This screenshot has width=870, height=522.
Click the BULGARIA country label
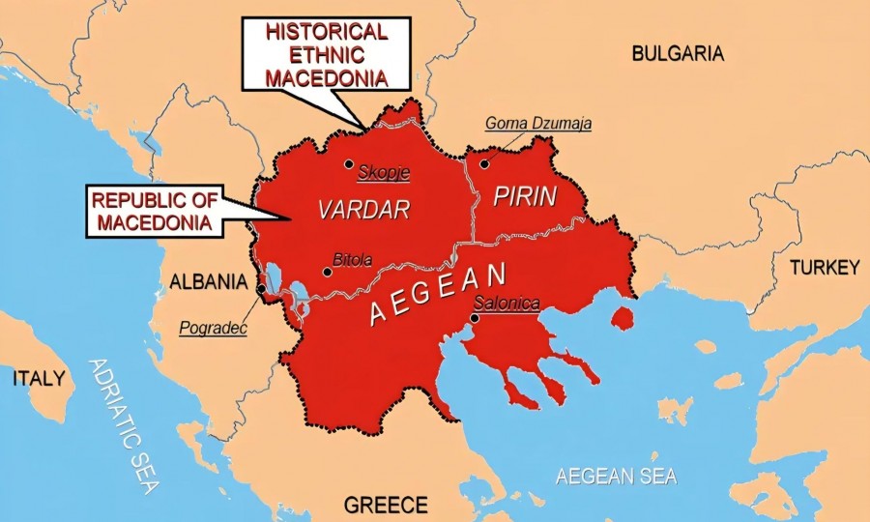pos(677,54)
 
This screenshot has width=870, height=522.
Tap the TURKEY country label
pos(824,268)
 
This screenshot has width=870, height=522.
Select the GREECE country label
pos(386,505)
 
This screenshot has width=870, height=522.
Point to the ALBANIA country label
pos(208,282)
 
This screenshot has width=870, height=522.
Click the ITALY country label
pos(38,377)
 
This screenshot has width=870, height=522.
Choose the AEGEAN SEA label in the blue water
pos(616,476)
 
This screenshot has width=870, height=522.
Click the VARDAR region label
pos(364,210)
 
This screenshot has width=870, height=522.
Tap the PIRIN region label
pos(525,197)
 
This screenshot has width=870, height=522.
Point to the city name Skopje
pos(384,173)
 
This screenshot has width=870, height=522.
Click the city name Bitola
pos(352,260)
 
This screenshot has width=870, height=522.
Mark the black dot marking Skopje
pos(349,164)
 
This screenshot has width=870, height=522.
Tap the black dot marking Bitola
pos(328,272)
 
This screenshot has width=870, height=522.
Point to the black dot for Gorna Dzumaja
pos(484,164)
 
